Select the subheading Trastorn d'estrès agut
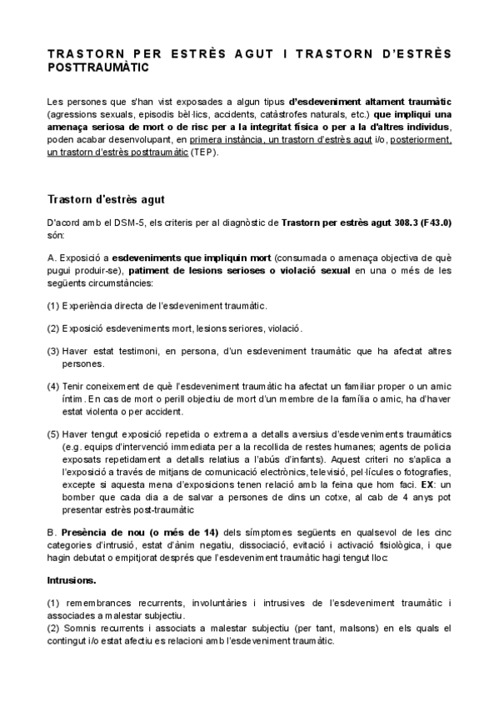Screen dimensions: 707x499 [x=107, y=200]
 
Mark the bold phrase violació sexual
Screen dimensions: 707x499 [x=315, y=271]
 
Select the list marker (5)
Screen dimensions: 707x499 [x=53, y=435]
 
